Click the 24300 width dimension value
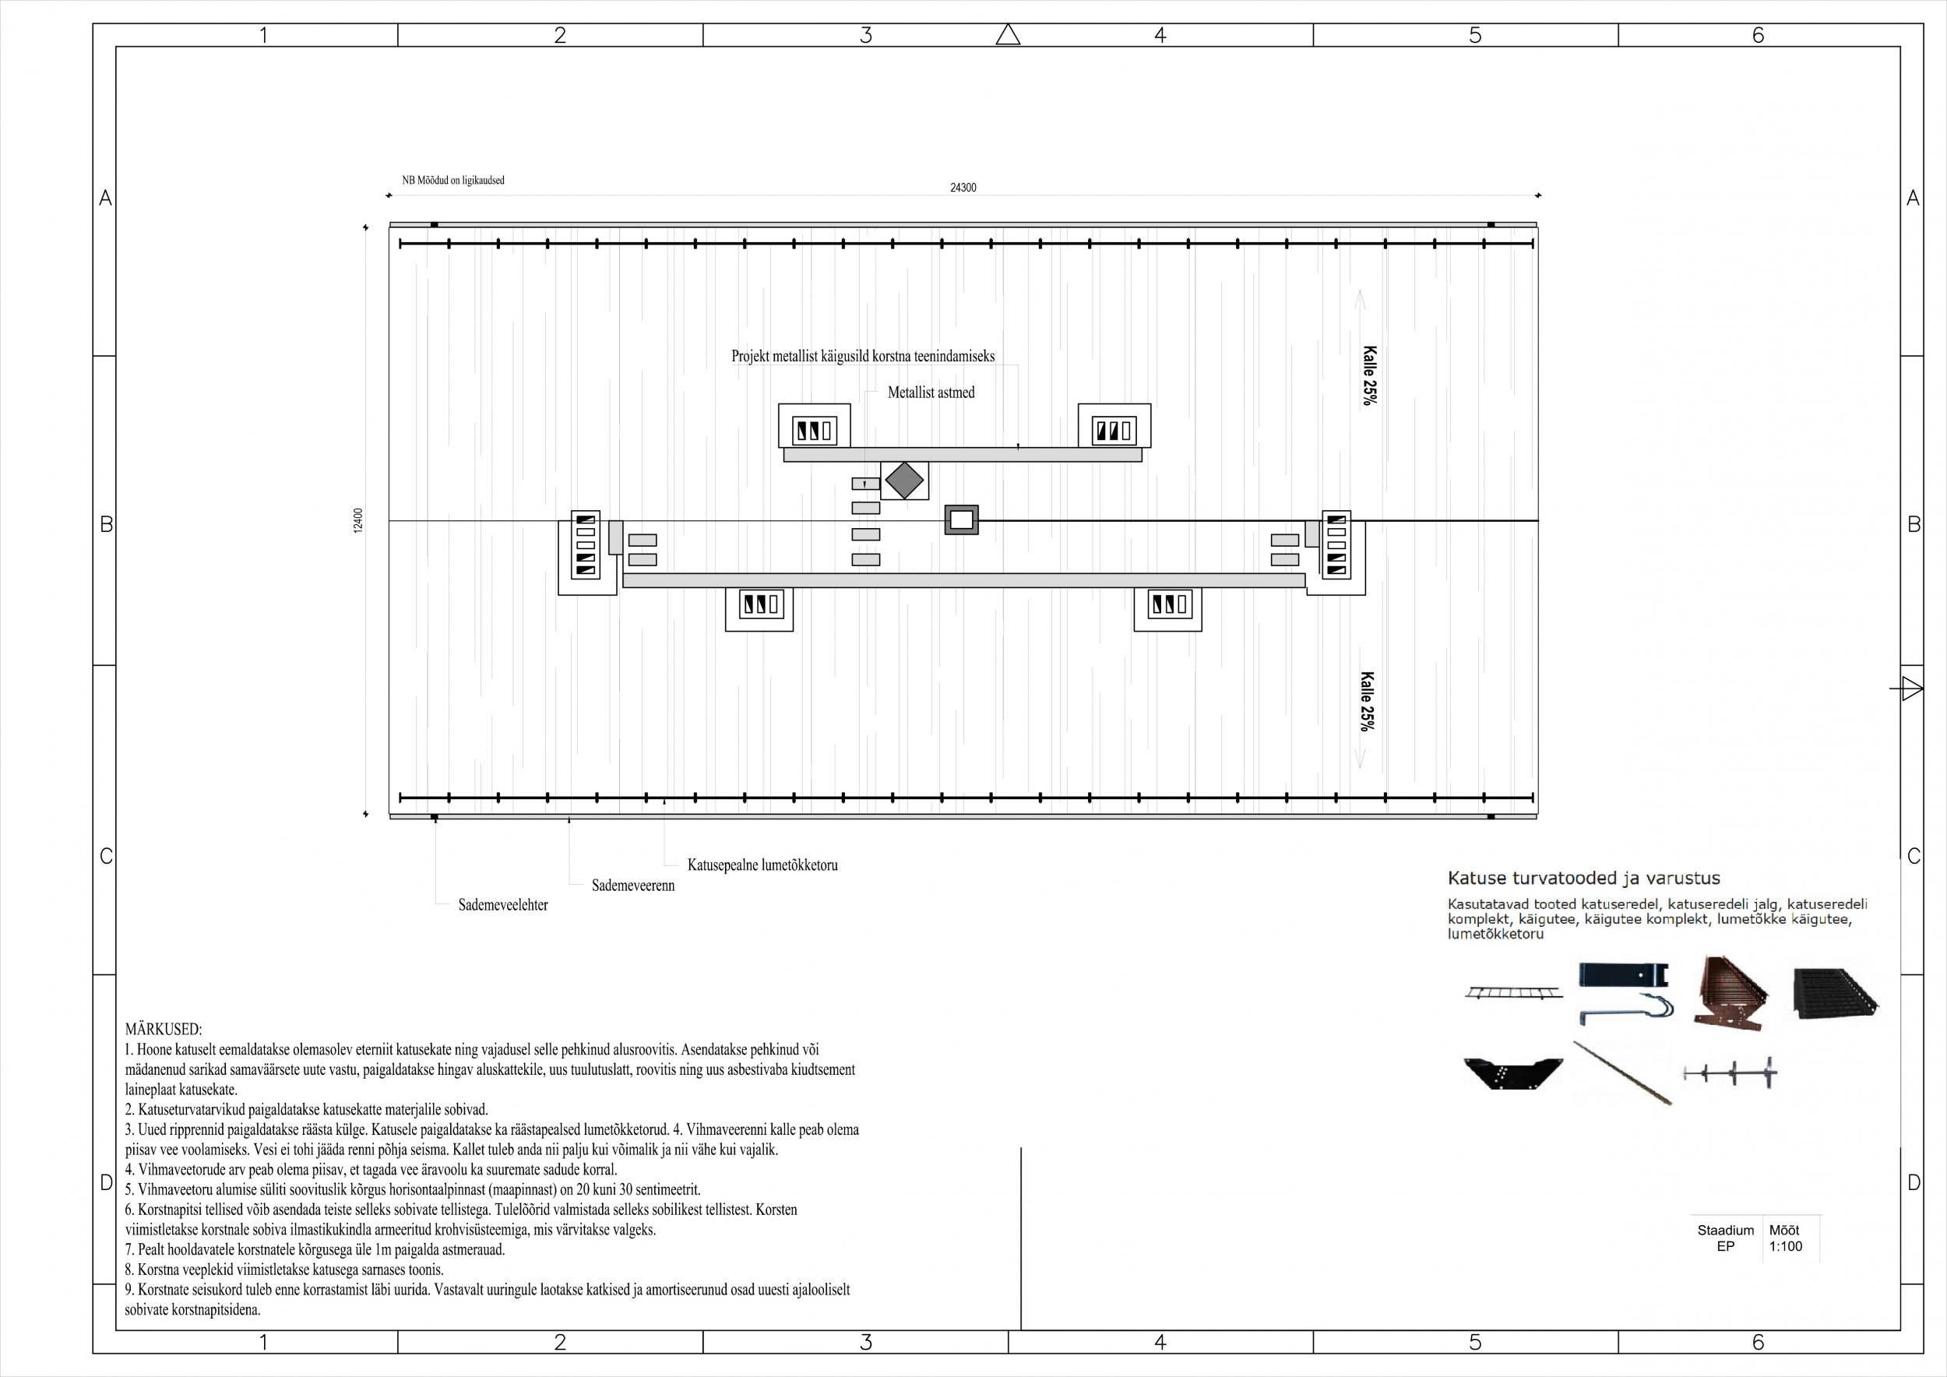[x=963, y=188]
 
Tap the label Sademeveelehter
[x=503, y=906]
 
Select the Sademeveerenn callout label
[x=632, y=886]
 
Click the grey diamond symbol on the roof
[x=905, y=481]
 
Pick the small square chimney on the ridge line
[x=962, y=519]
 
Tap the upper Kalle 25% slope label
[x=1368, y=375]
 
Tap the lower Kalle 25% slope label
[x=1366, y=701]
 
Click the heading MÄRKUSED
[x=164, y=1030]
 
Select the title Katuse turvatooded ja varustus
[x=1583, y=879]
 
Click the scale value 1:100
[x=1785, y=1246]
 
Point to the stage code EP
[x=1725, y=1246]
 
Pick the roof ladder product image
[x=1513, y=992]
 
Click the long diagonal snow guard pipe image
[x=1621, y=1072]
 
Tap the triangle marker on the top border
[x=1008, y=35]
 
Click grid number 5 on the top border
[x=1475, y=36]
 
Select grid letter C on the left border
[x=106, y=857]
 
